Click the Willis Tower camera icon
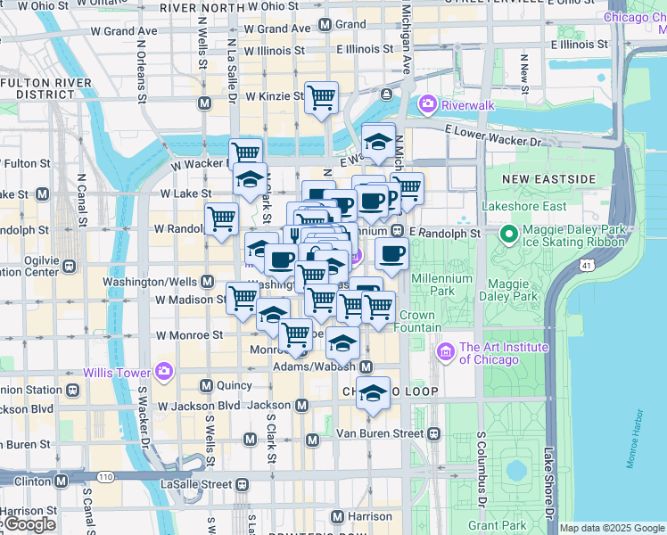(163, 371)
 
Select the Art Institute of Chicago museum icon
(446, 353)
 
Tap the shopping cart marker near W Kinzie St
(321, 97)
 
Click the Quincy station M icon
(206, 386)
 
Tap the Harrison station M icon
(337, 516)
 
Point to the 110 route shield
(105, 477)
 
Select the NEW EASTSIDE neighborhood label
(548, 179)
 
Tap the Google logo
(29, 524)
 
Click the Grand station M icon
(325, 25)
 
